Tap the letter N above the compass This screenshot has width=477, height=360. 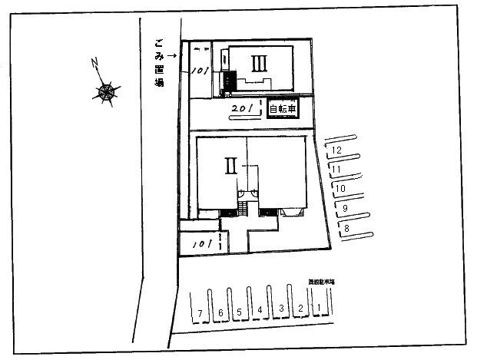(x=93, y=62)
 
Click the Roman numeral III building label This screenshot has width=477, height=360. (x=259, y=62)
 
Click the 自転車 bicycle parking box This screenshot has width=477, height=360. (x=281, y=111)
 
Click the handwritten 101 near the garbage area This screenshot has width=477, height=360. (x=200, y=70)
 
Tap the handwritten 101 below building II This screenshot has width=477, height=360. (x=201, y=243)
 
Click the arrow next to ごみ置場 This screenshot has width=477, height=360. (x=172, y=54)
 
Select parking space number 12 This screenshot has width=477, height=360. (x=336, y=151)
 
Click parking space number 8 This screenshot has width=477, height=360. (x=346, y=228)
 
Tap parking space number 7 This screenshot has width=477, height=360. (x=200, y=312)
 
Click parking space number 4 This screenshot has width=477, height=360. (x=260, y=310)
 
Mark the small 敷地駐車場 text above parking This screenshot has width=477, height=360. (x=321, y=282)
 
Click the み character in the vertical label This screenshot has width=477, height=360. (x=159, y=53)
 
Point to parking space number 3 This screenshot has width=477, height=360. (x=281, y=309)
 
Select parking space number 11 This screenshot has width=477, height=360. (x=336, y=170)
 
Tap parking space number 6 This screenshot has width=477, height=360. (x=220, y=312)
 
